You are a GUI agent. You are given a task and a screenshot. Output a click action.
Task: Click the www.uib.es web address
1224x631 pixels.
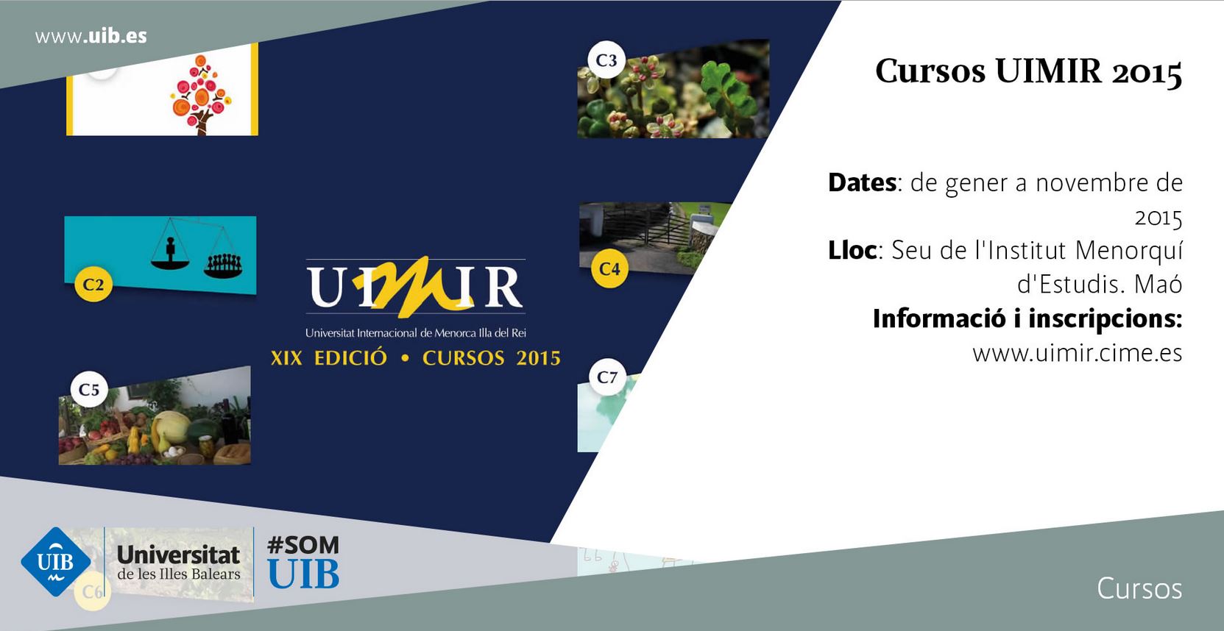(x=91, y=37)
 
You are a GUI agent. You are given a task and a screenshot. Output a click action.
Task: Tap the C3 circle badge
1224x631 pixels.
(x=606, y=60)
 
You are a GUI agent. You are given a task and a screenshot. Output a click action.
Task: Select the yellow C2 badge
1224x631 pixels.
(x=93, y=285)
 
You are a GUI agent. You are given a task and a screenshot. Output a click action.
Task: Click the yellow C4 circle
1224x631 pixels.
(x=610, y=268)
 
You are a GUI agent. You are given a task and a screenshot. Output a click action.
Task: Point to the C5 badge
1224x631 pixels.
(x=89, y=389)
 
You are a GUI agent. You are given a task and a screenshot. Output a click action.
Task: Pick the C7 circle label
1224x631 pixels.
(x=607, y=377)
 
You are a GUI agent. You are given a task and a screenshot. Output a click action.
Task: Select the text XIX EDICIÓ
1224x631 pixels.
(x=329, y=358)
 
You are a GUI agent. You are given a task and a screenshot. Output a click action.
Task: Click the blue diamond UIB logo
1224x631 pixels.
(x=55, y=562)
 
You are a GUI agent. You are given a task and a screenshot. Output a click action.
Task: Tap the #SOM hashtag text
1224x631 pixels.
(x=303, y=545)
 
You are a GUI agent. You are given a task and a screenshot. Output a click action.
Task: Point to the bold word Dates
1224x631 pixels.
(x=863, y=182)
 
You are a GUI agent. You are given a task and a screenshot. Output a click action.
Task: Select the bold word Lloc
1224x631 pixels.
(x=852, y=251)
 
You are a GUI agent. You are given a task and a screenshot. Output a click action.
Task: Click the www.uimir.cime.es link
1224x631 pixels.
(x=1078, y=353)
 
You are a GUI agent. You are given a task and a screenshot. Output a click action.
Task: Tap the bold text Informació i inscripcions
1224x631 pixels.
(x=1027, y=318)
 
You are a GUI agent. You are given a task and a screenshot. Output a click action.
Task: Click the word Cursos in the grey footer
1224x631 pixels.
(x=1139, y=588)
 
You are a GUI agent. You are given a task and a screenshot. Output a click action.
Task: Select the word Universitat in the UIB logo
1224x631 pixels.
(x=179, y=556)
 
